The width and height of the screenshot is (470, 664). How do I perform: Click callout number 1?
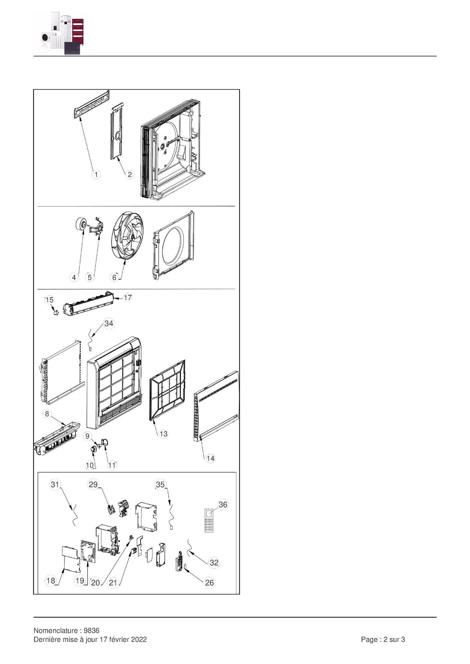click(x=96, y=174)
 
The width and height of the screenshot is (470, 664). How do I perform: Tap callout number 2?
click(x=130, y=174)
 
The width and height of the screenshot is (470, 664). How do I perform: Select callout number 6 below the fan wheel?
click(x=114, y=277)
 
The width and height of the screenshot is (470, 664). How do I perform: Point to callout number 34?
click(x=109, y=323)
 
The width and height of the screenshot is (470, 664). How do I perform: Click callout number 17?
click(x=128, y=297)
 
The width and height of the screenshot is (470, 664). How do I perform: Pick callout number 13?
click(x=163, y=434)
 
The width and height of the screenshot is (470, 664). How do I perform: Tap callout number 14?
click(x=210, y=458)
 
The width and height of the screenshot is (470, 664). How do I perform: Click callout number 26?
click(x=209, y=582)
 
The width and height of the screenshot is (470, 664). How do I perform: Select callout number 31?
click(x=55, y=484)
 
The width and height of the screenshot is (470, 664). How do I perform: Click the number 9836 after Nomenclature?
click(x=92, y=630)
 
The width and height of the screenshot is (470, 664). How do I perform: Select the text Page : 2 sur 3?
click(x=383, y=639)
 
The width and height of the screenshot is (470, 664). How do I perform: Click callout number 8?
click(x=47, y=414)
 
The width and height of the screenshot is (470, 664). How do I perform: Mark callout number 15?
click(x=49, y=300)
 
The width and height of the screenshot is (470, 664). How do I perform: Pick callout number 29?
click(x=93, y=484)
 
